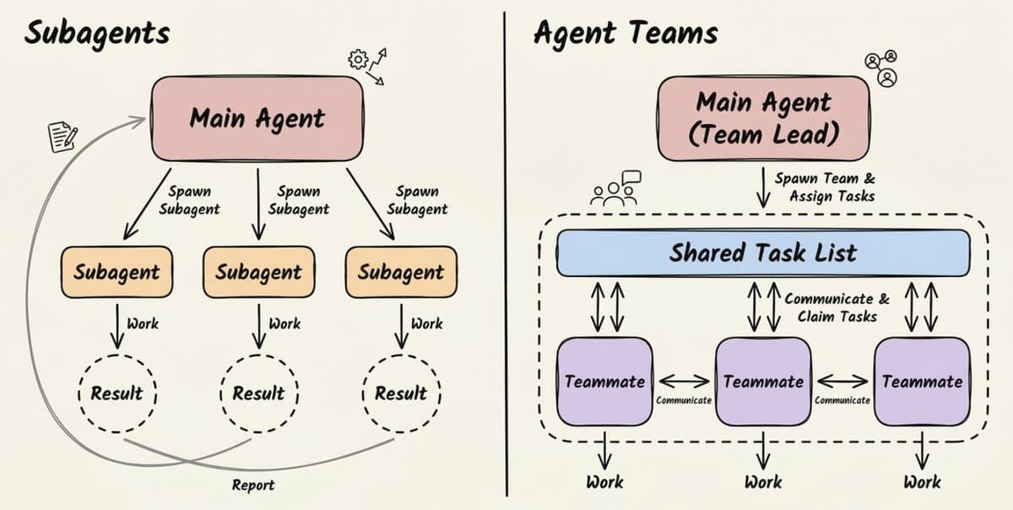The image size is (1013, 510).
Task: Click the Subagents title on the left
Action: click(x=96, y=33)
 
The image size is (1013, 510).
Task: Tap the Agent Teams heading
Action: click(x=626, y=33)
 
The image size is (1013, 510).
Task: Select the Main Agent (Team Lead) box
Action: click(x=763, y=118)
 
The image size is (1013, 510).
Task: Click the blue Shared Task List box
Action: click(x=763, y=252)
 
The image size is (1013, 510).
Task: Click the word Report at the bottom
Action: click(x=252, y=485)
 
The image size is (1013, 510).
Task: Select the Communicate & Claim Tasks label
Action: click(x=836, y=307)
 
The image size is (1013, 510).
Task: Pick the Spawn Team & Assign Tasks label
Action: click(x=824, y=187)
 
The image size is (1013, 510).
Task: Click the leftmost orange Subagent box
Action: click(x=116, y=273)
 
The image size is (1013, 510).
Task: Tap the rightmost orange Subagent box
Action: click(x=401, y=273)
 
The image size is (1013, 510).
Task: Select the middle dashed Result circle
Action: click(x=258, y=393)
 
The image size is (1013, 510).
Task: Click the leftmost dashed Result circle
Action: click(x=116, y=393)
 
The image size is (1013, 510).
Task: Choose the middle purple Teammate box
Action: click(x=763, y=382)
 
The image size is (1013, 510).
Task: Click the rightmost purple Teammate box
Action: click(x=922, y=382)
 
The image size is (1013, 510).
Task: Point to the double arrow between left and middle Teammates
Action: click(x=684, y=381)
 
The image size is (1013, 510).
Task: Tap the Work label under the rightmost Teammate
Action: click(x=922, y=482)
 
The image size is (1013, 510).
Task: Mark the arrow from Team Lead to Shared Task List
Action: click(x=763, y=187)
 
